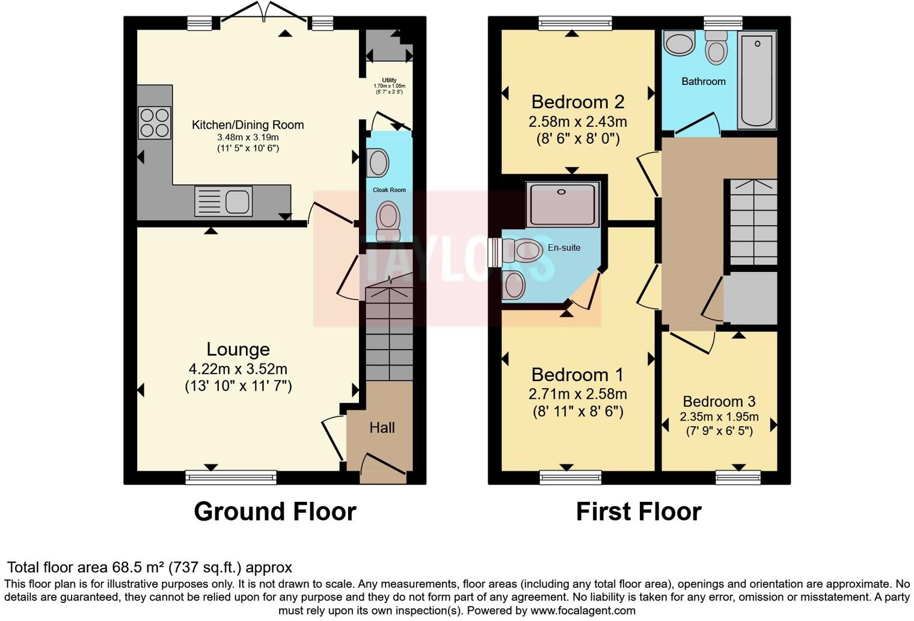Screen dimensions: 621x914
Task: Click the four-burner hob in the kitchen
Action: coord(155,123)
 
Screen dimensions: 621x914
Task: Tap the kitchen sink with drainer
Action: coord(223,201)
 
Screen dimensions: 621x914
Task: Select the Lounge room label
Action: coord(238,349)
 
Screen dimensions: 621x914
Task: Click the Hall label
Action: coord(382,428)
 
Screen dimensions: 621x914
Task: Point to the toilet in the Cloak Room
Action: coord(388,221)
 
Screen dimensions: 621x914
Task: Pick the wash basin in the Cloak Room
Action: coord(378,163)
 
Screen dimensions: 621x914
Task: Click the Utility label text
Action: coord(389,80)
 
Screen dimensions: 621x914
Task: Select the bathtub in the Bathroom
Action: coord(757,81)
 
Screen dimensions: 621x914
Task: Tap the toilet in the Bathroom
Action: coord(716,48)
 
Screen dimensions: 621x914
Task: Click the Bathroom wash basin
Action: coord(679,44)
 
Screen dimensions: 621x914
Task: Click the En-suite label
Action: coord(564,247)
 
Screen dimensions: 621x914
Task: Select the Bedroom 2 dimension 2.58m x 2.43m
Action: coord(578,122)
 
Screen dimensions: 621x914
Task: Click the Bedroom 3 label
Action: coord(719,401)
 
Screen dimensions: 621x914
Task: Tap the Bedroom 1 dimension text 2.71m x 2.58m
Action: coord(578,394)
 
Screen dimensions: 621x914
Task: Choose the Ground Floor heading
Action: coord(275,511)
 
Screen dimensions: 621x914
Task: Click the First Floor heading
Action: coord(639,511)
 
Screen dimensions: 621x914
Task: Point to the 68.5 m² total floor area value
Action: coord(138,567)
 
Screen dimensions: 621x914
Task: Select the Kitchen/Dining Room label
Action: coord(248,125)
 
